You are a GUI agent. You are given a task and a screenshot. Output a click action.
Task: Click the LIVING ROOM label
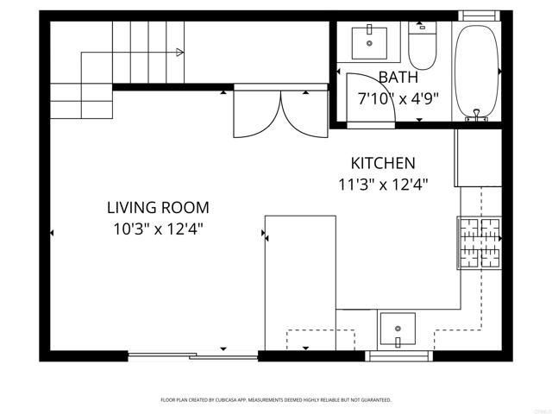158,207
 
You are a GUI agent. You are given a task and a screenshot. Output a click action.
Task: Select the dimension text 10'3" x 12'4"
158,229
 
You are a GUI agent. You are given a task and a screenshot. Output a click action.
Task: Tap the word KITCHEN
383,163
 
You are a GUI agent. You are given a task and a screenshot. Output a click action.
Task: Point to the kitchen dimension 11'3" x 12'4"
383,184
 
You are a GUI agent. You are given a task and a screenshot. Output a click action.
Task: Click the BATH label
398,76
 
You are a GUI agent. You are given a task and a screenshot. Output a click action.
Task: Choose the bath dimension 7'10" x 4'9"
398,97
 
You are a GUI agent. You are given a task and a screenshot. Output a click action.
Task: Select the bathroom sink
372,41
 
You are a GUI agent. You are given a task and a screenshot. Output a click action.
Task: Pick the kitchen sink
397,329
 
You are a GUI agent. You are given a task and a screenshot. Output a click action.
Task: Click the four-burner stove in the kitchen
480,242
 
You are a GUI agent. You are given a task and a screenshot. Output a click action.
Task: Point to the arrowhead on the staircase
179,53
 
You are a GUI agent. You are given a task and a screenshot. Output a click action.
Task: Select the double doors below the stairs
280,112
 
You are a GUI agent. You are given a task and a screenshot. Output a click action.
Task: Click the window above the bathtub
479,16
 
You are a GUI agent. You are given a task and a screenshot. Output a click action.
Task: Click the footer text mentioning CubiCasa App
276,400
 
